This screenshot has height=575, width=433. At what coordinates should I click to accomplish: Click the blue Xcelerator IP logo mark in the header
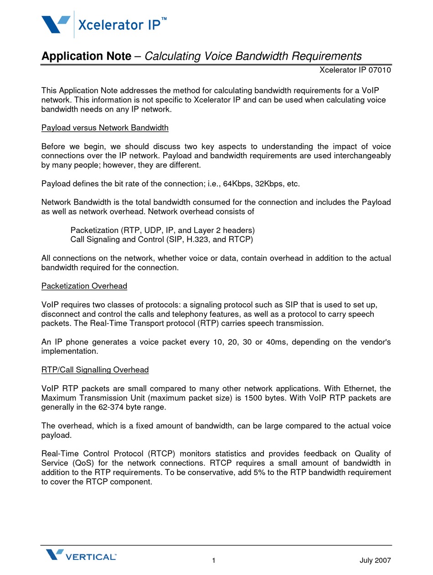[x=56, y=24]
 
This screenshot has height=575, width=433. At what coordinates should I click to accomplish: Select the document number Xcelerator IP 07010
[x=355, y=70]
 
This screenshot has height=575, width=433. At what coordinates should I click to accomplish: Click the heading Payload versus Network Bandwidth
[x=105, y=128]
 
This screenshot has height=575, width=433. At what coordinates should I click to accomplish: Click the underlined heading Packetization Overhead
[x=84, y=286]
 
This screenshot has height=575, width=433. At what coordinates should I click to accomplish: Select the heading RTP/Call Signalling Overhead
[x=95, y=369]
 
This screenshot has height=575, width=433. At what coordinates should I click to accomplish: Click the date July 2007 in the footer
[x=375, y=561]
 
